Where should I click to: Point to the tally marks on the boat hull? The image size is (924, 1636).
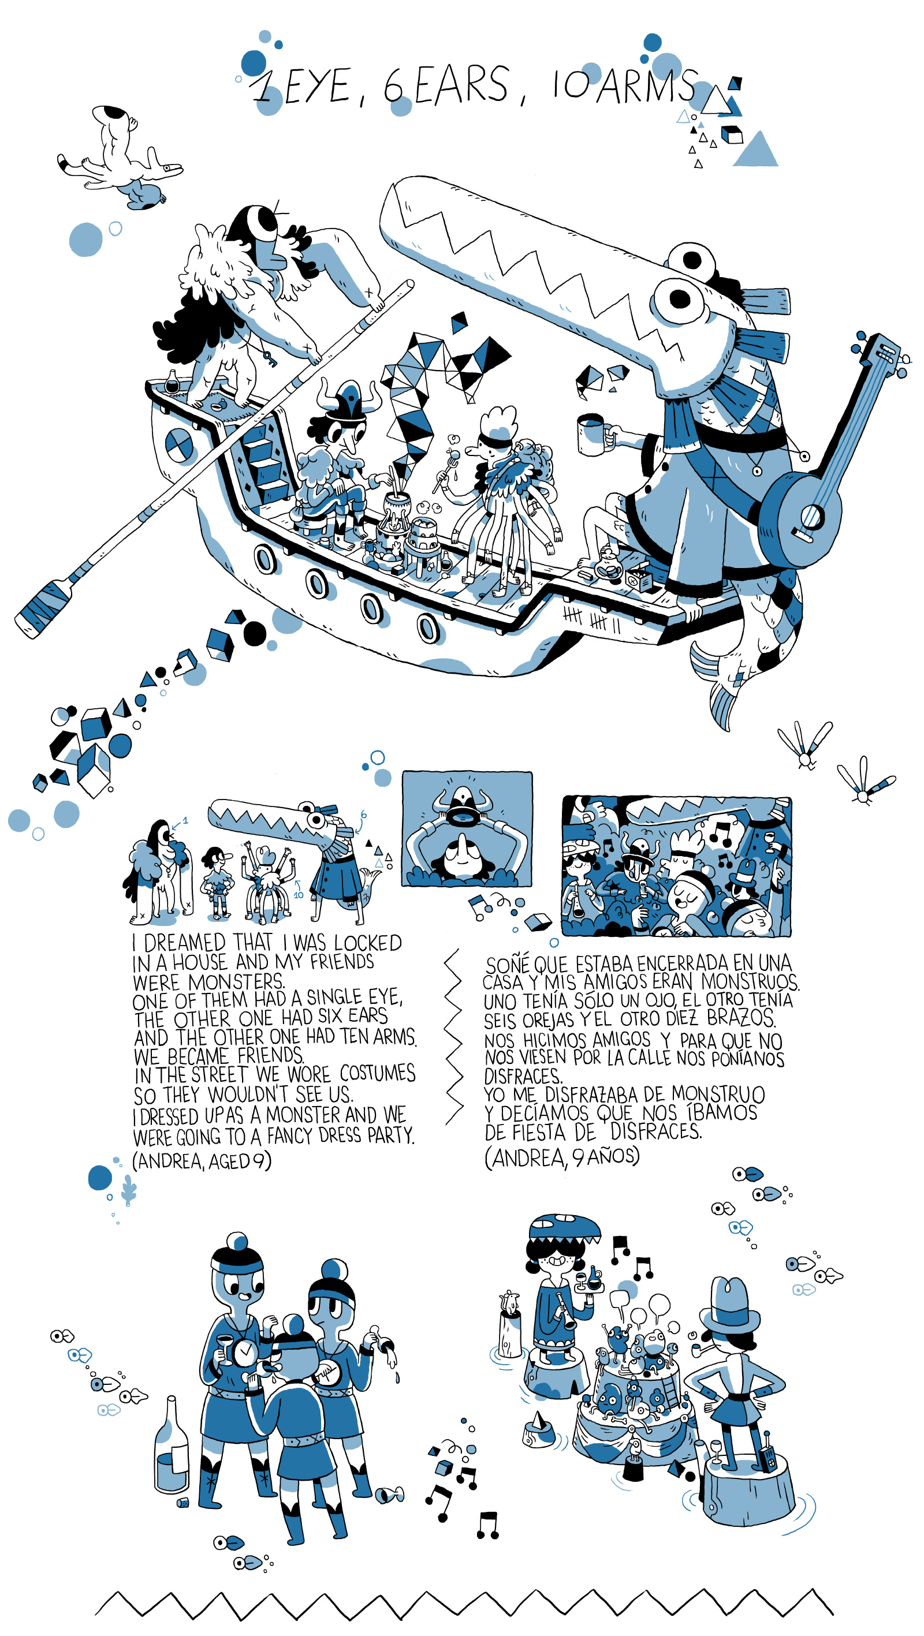pyautogui.click(x=591, y=618)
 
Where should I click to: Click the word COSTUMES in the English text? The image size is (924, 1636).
pyautogui.click(x=378, y=1073)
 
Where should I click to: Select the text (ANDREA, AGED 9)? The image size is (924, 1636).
pyautogui.click(x=202, y=1160)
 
